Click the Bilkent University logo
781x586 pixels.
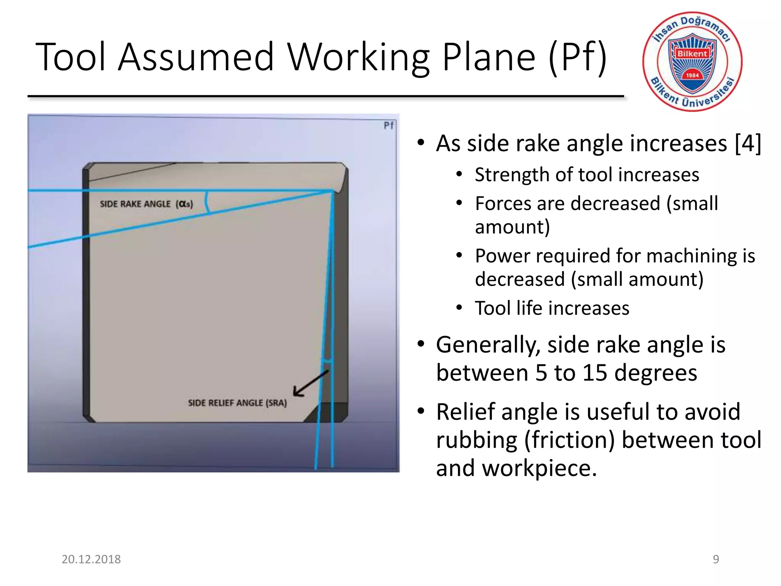(692, 62)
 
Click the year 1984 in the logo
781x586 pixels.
(692, 76)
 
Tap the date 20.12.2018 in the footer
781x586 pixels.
(91, 559)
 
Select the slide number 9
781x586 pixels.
(716, 559)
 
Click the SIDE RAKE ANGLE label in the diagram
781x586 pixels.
(135, 204)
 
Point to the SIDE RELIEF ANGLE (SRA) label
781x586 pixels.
(237, 403)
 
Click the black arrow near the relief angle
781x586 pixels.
(310, 383)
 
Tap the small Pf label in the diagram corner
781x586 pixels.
(389, 126)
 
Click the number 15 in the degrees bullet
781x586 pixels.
(595, 373)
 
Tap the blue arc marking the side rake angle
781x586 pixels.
(207, 203)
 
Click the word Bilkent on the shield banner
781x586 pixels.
(692, 54)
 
